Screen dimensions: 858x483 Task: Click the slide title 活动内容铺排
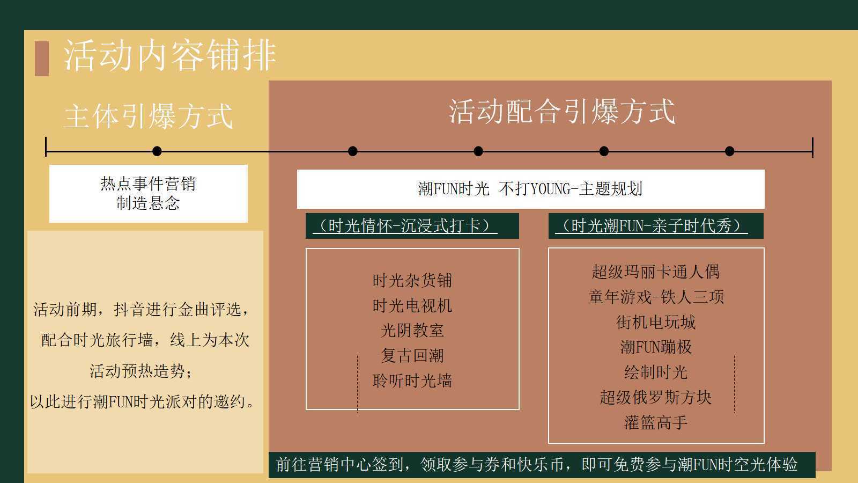pyautogui.click(x=169, y=55)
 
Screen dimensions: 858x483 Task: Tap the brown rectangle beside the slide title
pyautogui.click(x=42, y=58)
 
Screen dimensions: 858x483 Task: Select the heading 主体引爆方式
pyautogui.click(x=148, y=116)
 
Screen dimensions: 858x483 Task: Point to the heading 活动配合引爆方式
pyautogui.click(x=561, y=111)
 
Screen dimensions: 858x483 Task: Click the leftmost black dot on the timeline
pyautogui.click(x=157, y=151)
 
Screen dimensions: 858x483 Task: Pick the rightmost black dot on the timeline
pyautogui.click(x=730, y=151)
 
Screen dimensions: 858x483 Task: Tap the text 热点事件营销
pyautogui.click(x=148, y=184)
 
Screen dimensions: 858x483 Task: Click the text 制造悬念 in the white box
pyautogui.click(x=148, y=203)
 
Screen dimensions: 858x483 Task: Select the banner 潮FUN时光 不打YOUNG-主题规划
pyautogui.click(x=530, y=189)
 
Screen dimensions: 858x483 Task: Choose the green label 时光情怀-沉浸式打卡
pyautogui.click(x=412, y=226)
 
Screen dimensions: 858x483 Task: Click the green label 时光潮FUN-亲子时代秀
pyautogui.click(x=656, y=226)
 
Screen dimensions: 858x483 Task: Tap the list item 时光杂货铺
pyautogui.click(x=412, y=281)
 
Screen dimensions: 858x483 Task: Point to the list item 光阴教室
pyautogui.click(x=412, y=331)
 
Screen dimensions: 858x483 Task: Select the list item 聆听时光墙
pyautogui.click(x=412, y=380)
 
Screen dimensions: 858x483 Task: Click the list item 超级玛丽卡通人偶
pyautogui.click(x=656, y=272)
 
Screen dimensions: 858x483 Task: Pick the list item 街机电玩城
pyautogui.click(x=656, y=322)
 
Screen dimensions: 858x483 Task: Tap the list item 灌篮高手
pyautogui.click(x=656, y=422)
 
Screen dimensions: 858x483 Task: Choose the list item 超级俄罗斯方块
pyautogui.click(x=656, y=397)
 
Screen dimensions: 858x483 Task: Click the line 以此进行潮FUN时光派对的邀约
pyautogui.click(x=142, y=402)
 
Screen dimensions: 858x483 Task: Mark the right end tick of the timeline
pyautogui.click(x=812, y=148)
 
